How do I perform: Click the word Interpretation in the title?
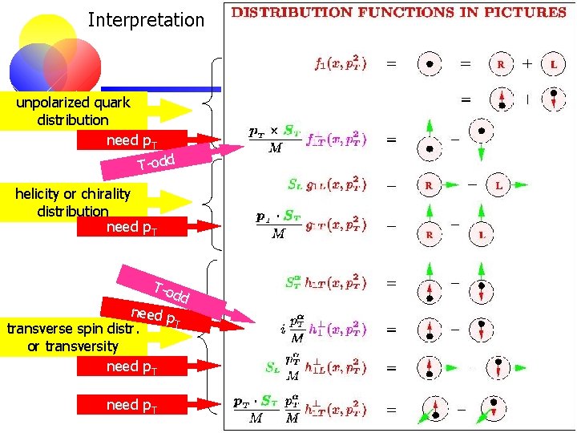click(x=146, y=20)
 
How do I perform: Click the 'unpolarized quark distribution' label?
click(x=73, y=111)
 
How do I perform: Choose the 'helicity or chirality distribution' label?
click(x=73, y=201)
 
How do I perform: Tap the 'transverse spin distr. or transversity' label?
click(x=72, y=338)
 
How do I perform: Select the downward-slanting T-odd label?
click(x=171, y=293)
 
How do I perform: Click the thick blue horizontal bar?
click(x=160, y=89)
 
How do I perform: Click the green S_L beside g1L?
click(x=295, y=184)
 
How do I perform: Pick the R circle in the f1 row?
click(x=501, y=63)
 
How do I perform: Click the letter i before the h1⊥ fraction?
click(x=283, y=329)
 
